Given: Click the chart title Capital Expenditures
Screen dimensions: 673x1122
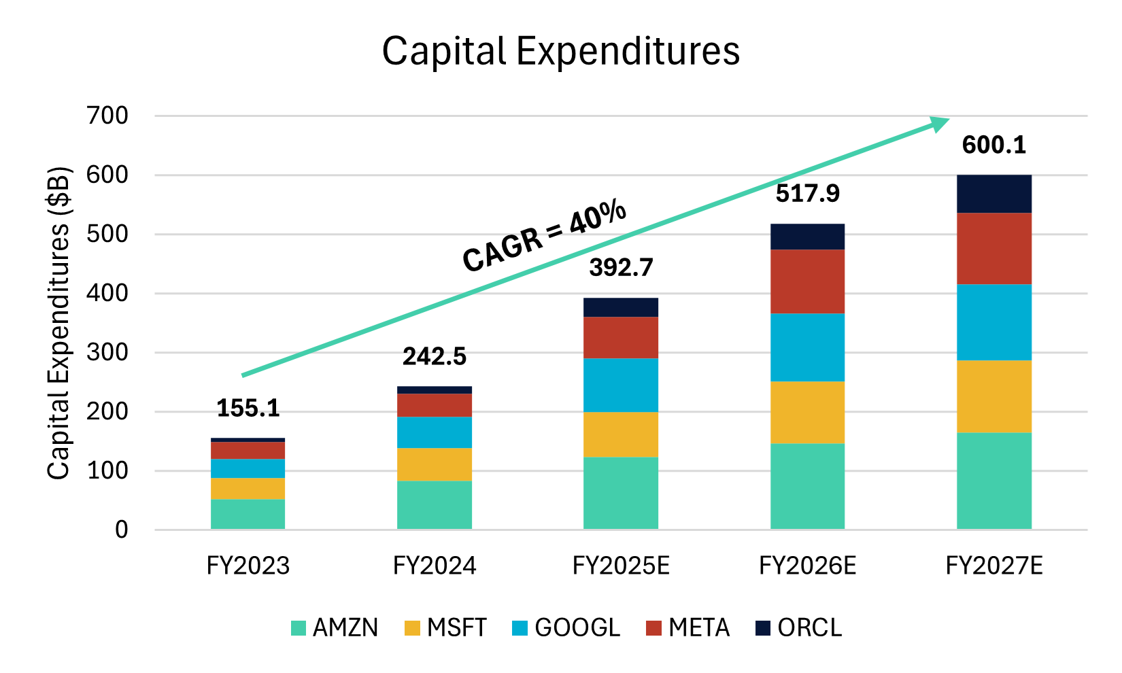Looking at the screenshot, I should (x=560, y=51).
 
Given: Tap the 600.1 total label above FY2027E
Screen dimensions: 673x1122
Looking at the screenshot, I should (x=993, y=145).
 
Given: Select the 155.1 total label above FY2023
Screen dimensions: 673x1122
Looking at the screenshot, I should (x=248, y=408).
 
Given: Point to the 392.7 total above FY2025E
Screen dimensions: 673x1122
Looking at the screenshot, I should (x=621, y=267).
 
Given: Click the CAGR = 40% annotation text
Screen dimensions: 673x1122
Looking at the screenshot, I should (x=544, y=237).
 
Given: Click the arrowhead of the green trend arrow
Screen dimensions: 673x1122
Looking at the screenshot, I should (x=940, y=123).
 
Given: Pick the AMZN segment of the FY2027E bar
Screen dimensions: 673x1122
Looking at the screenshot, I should (x=993, y=481).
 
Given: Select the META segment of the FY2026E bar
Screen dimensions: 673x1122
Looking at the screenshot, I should (x=807, y=281).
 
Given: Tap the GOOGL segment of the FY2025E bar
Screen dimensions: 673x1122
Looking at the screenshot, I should (x=621, y=385).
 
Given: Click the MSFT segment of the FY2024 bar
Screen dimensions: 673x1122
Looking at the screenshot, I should (x=435, y=464).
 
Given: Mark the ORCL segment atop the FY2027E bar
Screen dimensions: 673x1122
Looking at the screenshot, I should (x=993, y=194).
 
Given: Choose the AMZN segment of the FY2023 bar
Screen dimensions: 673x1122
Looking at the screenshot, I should (x=248, y=514).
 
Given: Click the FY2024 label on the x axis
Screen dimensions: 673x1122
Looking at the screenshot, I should (x=435, y=566).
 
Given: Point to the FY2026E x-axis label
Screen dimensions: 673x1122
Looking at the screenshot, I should (x=807, y=566).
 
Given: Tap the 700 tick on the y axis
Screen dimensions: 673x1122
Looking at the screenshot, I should (x=107, y=116).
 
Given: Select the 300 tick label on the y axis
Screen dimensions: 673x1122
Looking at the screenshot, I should (x=107, y=352).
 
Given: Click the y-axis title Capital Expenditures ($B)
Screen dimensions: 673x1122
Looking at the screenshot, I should (x=60, y=323).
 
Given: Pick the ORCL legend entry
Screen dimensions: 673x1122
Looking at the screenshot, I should (x=799, y=627).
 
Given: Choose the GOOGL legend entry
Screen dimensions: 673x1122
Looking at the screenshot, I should (x=566, y=627).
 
